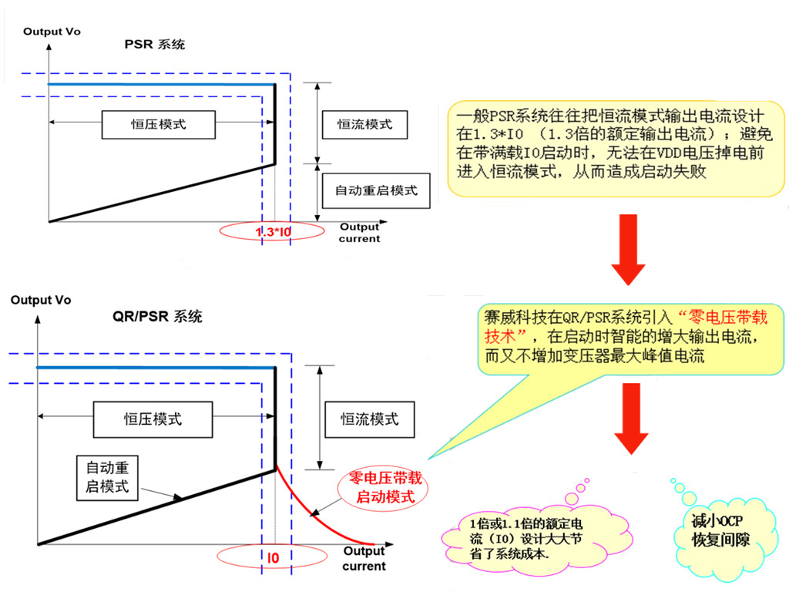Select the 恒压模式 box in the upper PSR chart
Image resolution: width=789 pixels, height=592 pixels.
158,124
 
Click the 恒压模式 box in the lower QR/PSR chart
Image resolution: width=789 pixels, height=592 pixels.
153,419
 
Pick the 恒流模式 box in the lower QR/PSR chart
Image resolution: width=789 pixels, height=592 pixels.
371,419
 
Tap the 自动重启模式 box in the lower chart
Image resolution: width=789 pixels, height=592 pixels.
107,477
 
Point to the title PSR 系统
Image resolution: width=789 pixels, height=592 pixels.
155,45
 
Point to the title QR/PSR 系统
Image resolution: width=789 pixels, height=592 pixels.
158,317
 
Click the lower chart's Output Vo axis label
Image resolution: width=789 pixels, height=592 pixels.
41,300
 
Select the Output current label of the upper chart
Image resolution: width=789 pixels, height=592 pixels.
360,233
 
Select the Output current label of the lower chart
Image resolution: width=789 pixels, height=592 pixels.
364,559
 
